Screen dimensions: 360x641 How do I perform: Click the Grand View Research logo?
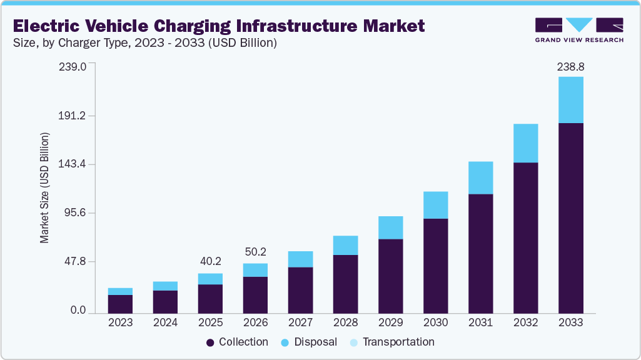tap(579, 30)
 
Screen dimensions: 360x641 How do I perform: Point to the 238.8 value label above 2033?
tap(570, 66)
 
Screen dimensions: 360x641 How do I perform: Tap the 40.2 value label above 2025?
tap(210, 261)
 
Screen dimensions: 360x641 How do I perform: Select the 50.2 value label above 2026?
tap(255, 251)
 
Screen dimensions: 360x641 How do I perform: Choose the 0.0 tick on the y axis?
tap(78, 311)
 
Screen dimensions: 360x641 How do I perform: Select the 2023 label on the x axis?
tap(120, 323)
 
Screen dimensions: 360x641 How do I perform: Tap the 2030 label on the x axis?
tap(435, 323)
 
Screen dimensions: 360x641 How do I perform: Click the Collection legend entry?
tap(238, 342)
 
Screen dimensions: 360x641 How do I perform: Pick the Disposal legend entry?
tap(310, 342)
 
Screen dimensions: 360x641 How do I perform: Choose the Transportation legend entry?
tap(392, 342)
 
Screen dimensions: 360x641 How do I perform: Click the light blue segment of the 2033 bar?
tap(570, 100)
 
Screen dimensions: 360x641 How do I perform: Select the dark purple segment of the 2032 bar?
tap(525, 237)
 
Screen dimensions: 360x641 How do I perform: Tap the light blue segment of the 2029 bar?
tap(390, 227)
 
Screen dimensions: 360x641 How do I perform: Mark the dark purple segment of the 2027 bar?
tap(300, 290)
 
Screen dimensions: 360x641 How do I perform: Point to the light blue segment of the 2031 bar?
tap(480, 177)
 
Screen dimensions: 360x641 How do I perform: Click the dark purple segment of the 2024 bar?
tap(165, 302)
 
